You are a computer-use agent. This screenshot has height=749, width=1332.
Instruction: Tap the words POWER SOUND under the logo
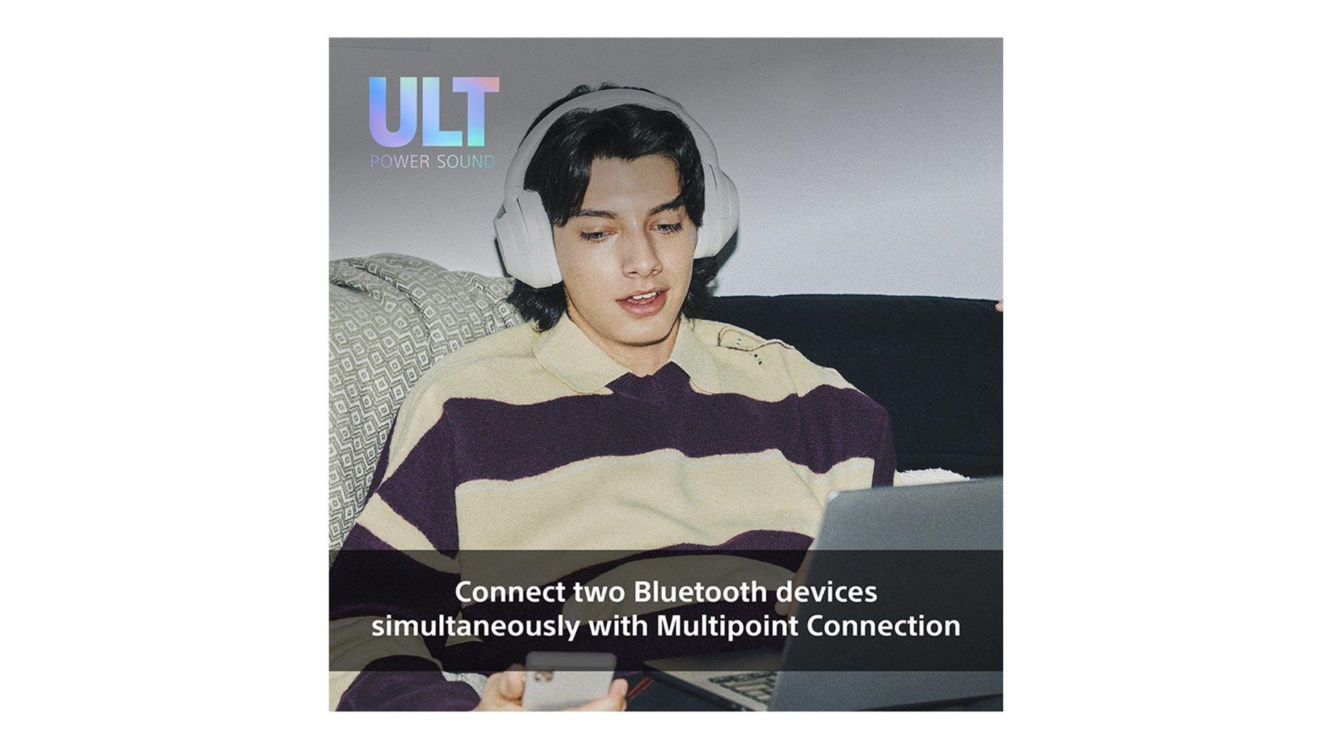[433, 162]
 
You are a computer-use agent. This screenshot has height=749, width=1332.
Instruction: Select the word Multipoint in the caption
[727, 626]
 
